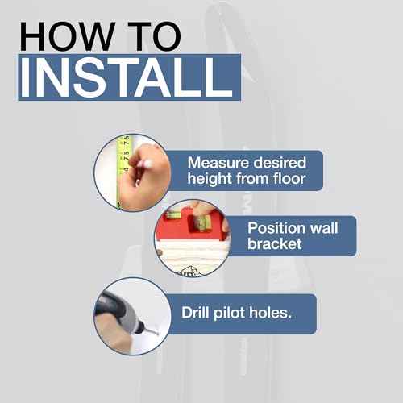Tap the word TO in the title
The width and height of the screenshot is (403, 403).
[154, 36]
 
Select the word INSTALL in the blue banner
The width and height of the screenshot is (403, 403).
[127, 77]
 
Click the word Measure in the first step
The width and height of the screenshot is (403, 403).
[218, 163]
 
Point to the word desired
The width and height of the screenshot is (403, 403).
[280, 163]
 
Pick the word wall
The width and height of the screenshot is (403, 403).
[324, 228]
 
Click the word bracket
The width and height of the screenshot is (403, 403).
[275, 244]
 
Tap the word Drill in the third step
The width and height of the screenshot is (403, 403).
[195, 313]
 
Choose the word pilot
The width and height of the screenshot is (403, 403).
[229, 313]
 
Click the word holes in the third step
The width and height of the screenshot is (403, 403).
[268, 313]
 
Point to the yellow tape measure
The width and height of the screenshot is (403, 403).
[123, 172]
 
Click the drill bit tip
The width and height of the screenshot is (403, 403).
[157, 334]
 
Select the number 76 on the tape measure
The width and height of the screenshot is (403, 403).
[126, 140]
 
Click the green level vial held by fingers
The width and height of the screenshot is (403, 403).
[203, 222]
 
